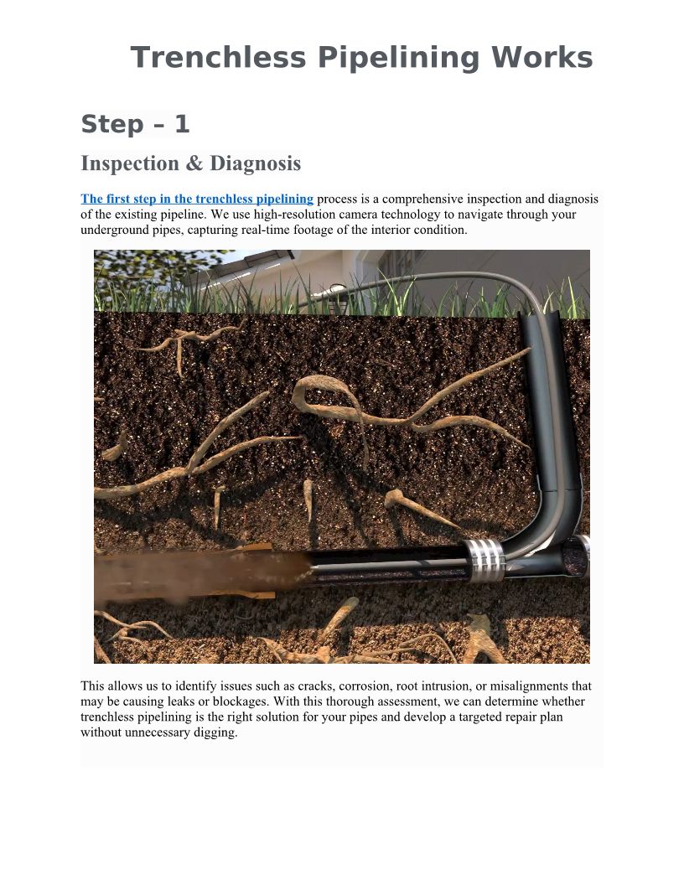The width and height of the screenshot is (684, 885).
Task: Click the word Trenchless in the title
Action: tap(218, 58)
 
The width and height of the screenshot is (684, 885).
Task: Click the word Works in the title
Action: tap(541, 58)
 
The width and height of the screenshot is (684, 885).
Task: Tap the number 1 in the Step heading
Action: tap(182, 124)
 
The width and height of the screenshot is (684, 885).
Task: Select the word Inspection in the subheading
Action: tap(129, 164)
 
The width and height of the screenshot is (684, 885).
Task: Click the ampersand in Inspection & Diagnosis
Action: tap(194, 163)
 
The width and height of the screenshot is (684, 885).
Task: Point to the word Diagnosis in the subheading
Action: tap(255, 163)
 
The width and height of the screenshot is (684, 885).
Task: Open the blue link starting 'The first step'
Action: tap(197, 199)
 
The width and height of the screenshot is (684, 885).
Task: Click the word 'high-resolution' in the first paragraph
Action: tap(294, 215)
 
